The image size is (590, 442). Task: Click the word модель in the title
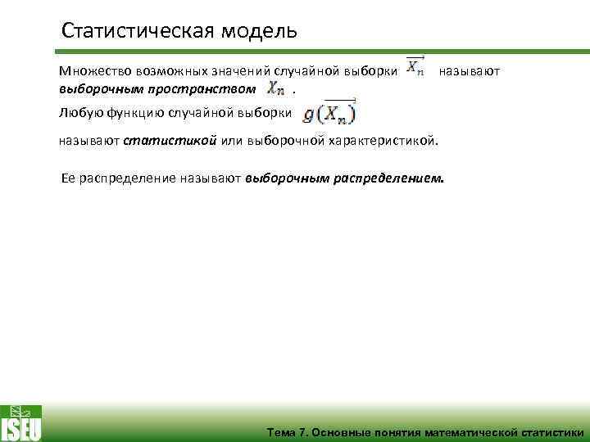coord(258,32)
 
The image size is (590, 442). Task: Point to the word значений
coord(216,71)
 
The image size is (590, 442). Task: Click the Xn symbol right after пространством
coord(277,88)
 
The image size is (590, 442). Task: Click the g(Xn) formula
coord(329,112)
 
